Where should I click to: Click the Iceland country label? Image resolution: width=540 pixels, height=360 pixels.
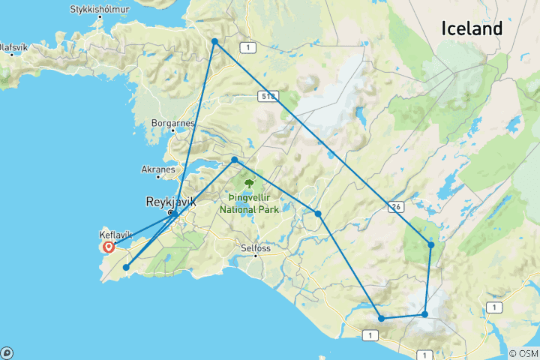[x=471, y=28]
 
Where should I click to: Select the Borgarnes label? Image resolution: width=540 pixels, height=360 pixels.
[x=172, y=123]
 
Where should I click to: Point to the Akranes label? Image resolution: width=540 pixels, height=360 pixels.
[x=157, y=169]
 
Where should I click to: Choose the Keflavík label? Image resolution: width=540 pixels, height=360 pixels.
[x=115, y=235]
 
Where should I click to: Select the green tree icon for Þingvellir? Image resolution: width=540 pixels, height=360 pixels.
[x=249, y=183]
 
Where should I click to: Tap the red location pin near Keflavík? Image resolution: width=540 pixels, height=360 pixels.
[x=109, y=246]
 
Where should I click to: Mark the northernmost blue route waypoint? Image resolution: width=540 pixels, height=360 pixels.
[x=214, y=41]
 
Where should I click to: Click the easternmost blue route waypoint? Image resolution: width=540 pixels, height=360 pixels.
[x=431, y=244]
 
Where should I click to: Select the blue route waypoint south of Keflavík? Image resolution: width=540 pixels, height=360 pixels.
[x=126, y=267]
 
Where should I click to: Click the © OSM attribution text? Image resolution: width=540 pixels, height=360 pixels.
[x=523, y=353]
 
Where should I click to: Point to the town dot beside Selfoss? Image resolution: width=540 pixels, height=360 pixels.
[x=256, y=256]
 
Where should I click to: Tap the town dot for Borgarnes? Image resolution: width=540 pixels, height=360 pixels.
[x=172, y=132]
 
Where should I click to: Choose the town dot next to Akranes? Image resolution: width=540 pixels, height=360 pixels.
[x=158, y=178]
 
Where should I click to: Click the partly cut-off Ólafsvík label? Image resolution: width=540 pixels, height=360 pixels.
[x=15, y=46]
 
